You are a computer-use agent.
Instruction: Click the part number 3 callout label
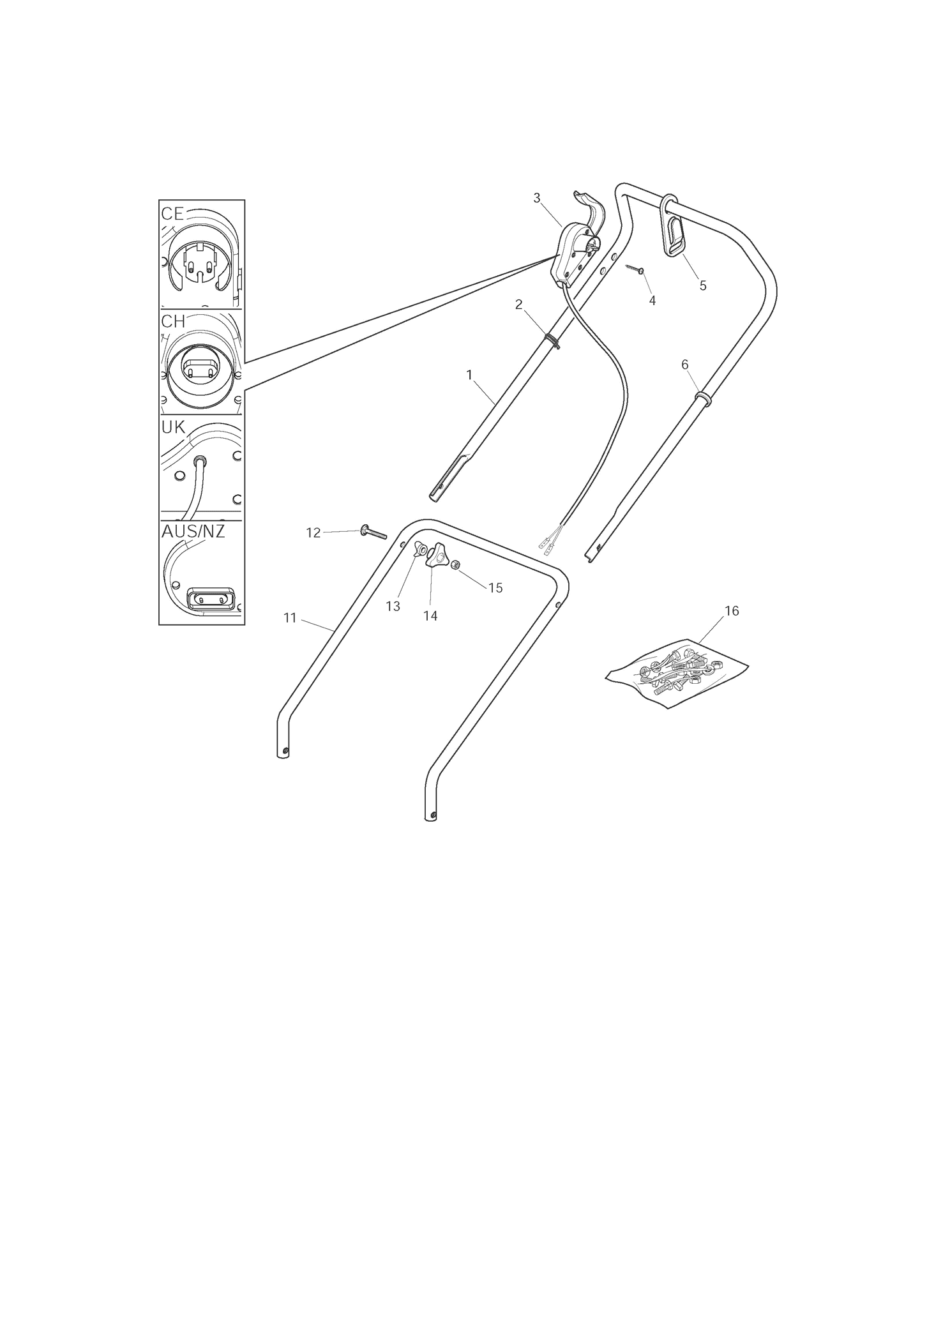pos(537,198)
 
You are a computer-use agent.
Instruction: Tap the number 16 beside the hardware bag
pos(732,611)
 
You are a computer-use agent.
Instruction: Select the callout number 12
pos(313,532)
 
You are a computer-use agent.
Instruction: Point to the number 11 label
pos(290,617)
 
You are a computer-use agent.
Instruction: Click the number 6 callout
pos(685,365)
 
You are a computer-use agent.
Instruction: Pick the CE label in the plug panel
pos(172,213)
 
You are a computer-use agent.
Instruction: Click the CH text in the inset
pos(173,322)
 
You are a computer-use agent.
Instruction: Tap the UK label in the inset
pos(173,427)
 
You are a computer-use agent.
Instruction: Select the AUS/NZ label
pos(193,531)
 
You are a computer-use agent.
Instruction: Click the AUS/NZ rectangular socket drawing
pos(210,600)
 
